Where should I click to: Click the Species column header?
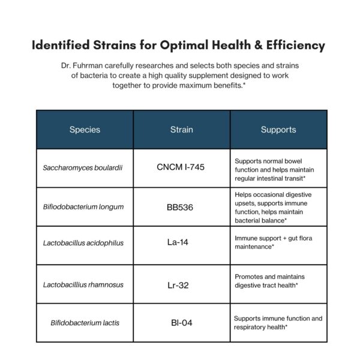click(x=85, y=130)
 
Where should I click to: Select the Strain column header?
click(x=181, y=130)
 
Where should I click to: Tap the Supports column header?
click(x=278, y=130)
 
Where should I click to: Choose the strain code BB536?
click(x=182, y=208)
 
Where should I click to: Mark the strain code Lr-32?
click(x=178, y=285)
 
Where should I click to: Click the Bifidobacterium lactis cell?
click(x=85, y=323)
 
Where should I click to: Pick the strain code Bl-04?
click(x=182, y=323)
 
